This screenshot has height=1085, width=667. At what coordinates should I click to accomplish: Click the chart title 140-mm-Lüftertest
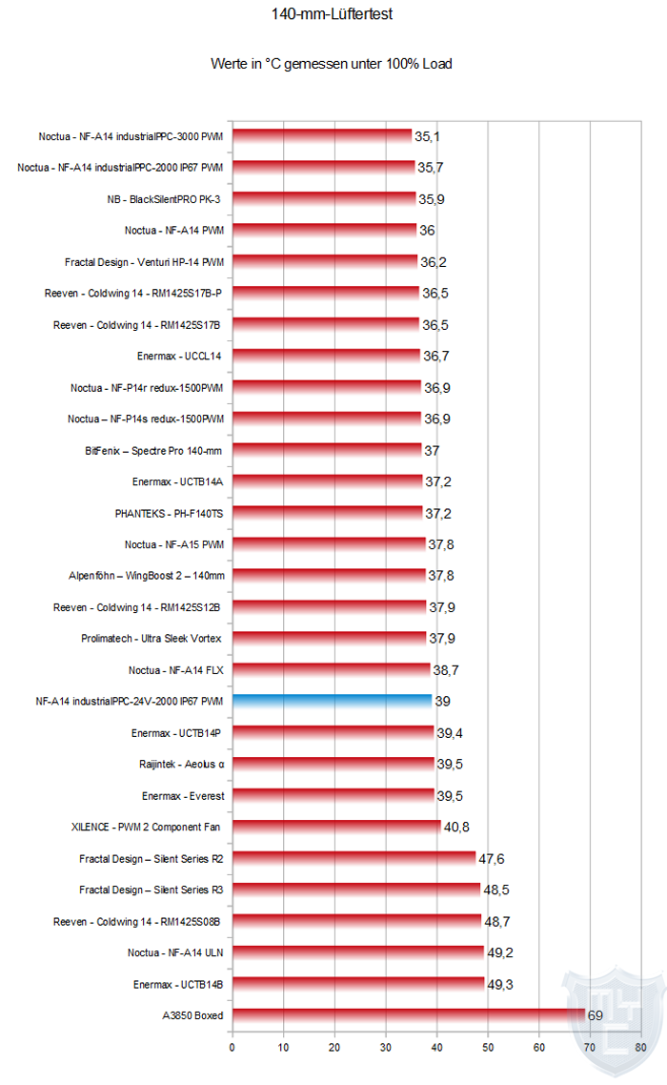[332, 15]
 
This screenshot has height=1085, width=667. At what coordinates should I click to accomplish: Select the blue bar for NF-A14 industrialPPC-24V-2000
[332, 701]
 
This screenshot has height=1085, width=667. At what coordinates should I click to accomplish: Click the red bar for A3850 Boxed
[408, 1015]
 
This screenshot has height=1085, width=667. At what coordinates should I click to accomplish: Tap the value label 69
[596, 1015]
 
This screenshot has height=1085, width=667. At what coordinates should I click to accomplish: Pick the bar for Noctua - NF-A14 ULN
[358, 952]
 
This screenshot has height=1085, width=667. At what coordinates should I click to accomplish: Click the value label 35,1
[427, 136]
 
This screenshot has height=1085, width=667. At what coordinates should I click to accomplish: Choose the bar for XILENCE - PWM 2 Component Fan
[336, 827]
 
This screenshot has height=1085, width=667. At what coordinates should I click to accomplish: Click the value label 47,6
[492, 859]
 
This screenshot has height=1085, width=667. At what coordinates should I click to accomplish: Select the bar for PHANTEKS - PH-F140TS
[327, 513]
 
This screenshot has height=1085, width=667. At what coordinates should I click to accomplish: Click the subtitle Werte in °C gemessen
[332, 64]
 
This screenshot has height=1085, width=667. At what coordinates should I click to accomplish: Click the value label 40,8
[457, 828]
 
